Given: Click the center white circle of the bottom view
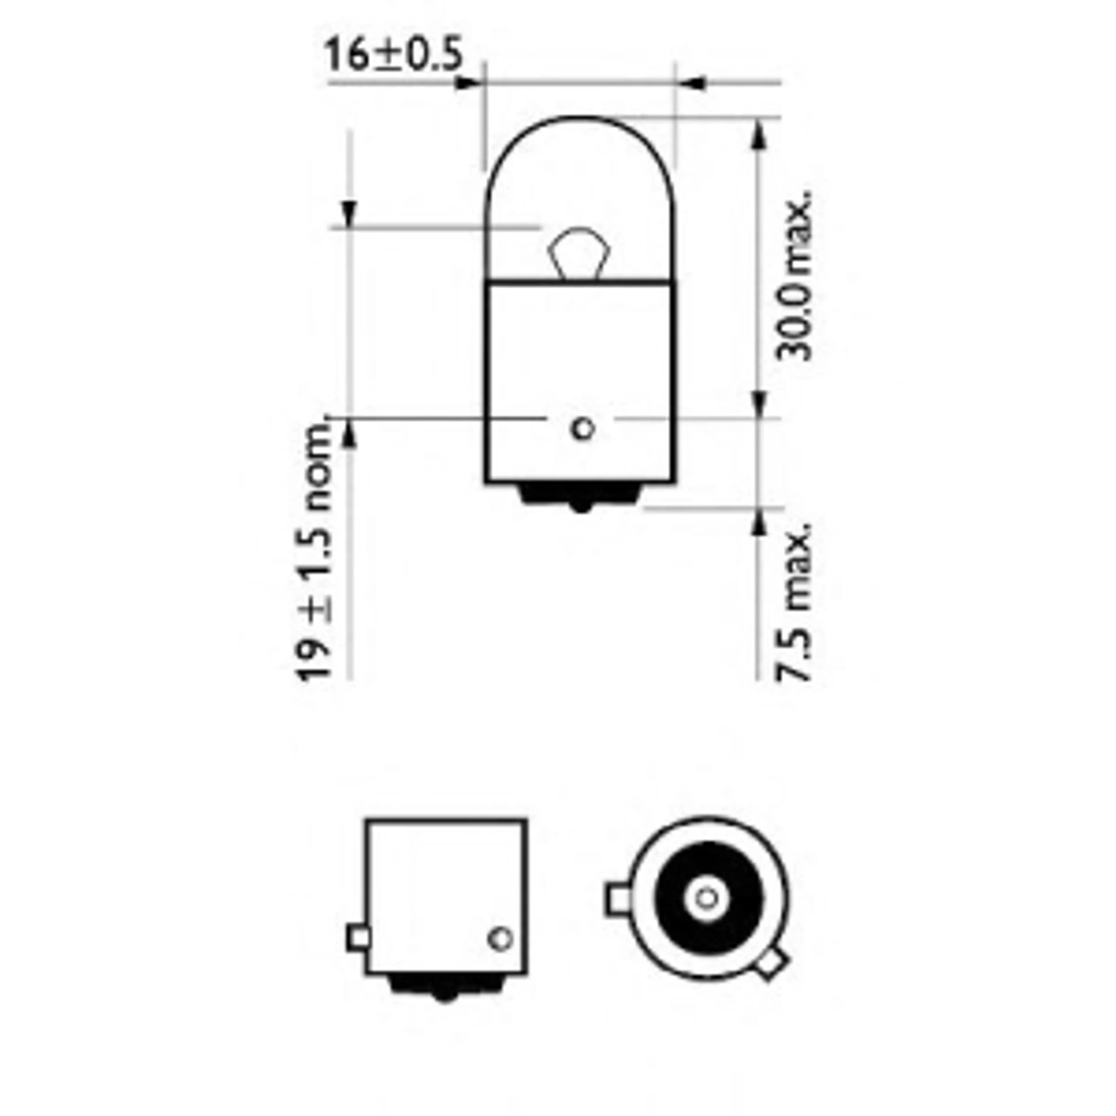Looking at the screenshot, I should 707,898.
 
